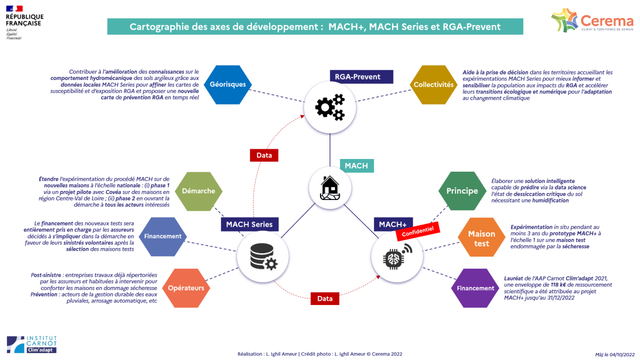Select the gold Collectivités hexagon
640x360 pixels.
pyautogui.click(x=434, y=84)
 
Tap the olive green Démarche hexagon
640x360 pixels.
pyautogui.click(x=198, y=191)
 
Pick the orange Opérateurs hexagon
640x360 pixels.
pyautogui.click(x=186, y=288)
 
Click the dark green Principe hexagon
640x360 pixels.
pyautogui.click(x=462, y=191)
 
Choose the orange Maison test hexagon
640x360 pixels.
pyautogui.click(x=482, y=238)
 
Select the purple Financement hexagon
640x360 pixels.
pyautogui.click(x=475, y=288)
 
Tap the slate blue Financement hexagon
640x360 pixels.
pyautogui.click(x=163, y=236)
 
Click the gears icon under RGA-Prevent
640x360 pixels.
pyautogui.click(x=330, y=107)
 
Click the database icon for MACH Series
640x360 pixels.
pyautogui.click(x=263, y=259)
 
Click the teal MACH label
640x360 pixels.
pyautogui.click(x=356, y=165)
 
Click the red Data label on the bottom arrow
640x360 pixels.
pyautogui.click(x=325, y=299)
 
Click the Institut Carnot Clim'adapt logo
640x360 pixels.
pyautogui.click(x=31, y=344)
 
